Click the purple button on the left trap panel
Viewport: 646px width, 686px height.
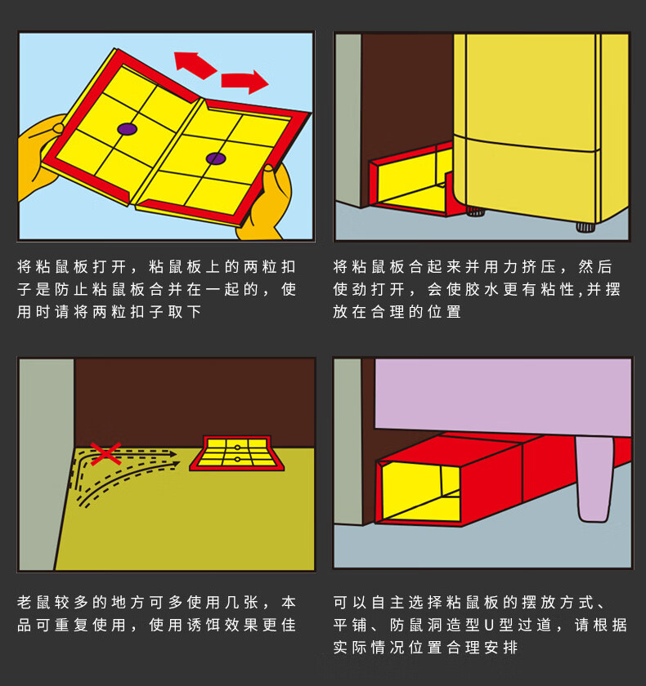pyautogui.click(x=127, y=129)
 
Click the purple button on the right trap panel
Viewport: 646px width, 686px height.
pyautogui.click(x=216, y=158)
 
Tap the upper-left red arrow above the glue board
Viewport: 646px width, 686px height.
pyautogui.click(x=195, y=65)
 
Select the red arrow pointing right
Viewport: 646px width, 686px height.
pyautogui.click(x=244, y=82)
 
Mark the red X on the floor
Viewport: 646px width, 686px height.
pyautogui.click(x=105, y=454)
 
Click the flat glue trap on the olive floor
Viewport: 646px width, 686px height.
pyautogui.click(x=236, y=453)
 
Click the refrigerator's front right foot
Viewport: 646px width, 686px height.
pyautogui.click(x=585, y=227)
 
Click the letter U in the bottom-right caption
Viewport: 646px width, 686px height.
pyautogui.click(x=489, y=625)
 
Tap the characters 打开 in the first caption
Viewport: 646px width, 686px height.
pyautogui.click(x=110, y=266)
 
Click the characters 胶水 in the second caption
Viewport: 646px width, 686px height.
pyautogui.click(x=475, y=289)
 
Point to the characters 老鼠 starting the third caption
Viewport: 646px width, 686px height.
pyautogui.click(x=34, y=603)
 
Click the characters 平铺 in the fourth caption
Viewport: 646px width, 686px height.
pyautogui.click(x=350, y=625)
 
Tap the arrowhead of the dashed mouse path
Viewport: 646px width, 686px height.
pyautogui.click(x=173, y=454)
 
